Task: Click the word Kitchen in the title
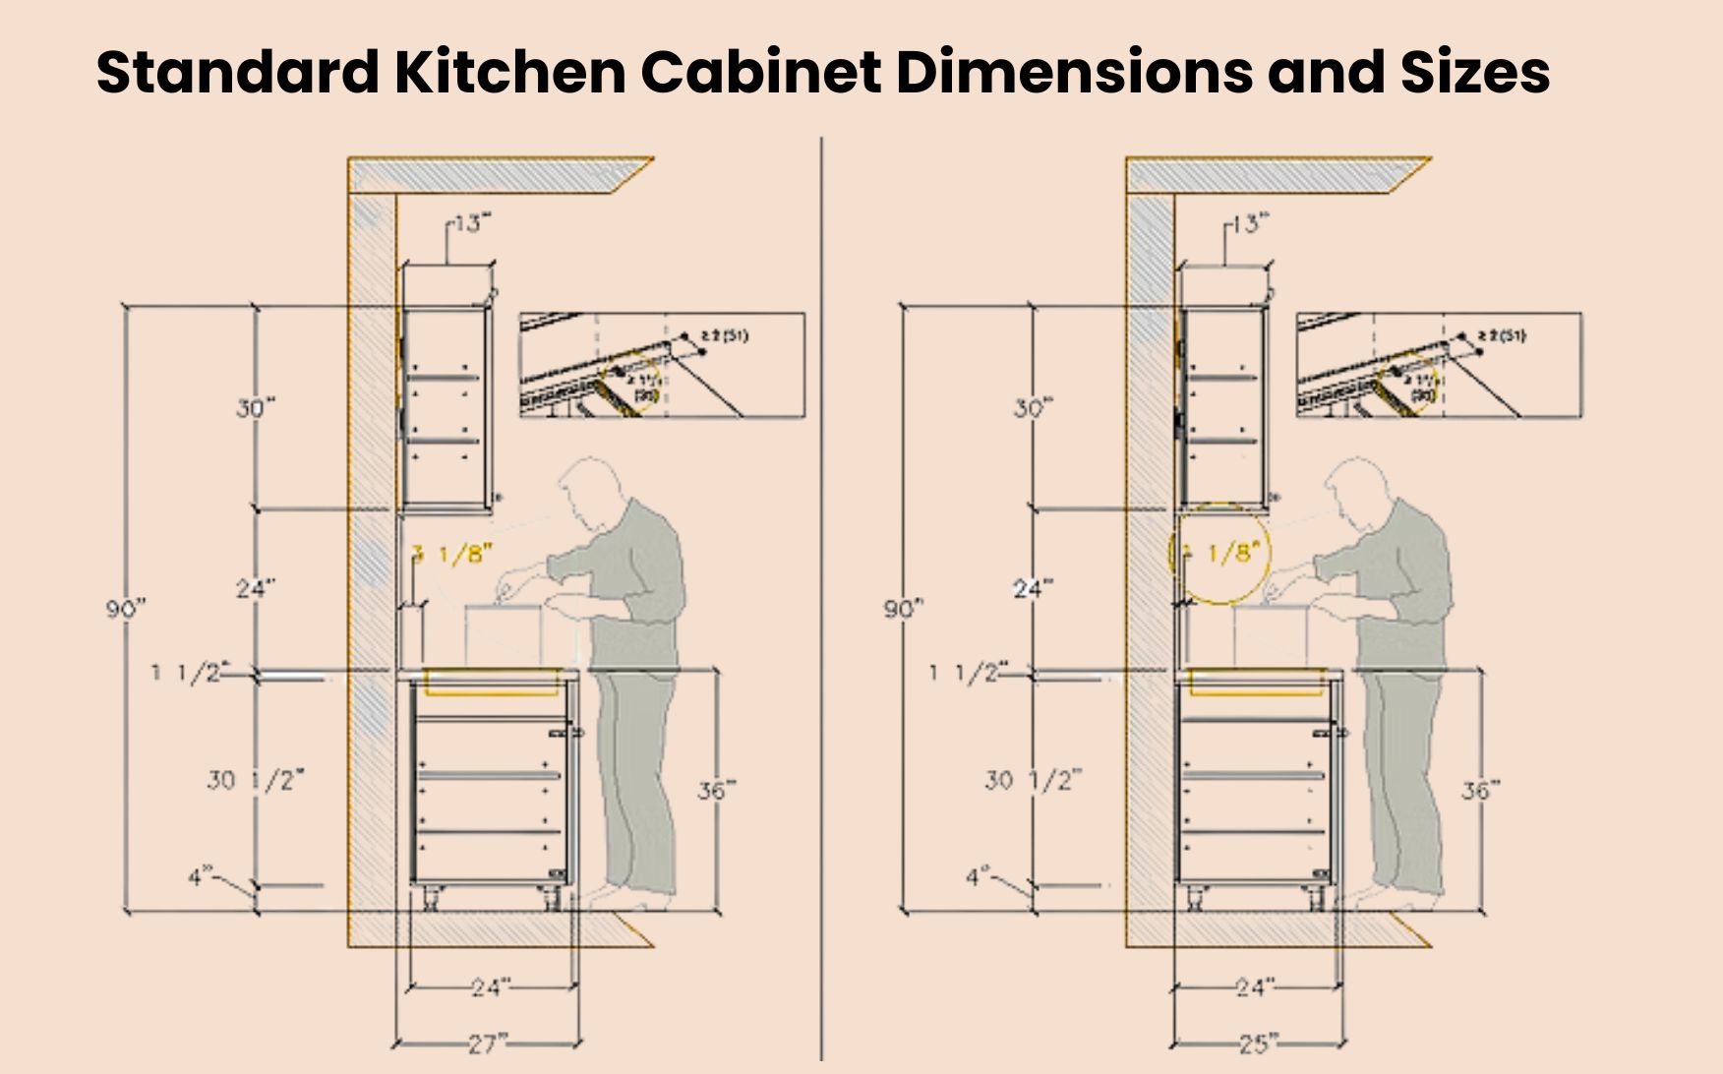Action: pyautogui.click(x=509, y=71)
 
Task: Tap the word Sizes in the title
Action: pyautogui.click(x=1474, y=71)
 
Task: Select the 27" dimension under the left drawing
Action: pyautogui.click(x=488, y=1042)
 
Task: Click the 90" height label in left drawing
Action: pyautogui.click(x=125, y=609)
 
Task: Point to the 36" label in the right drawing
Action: pyautogui.click(x=1480, y=790)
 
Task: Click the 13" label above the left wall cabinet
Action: pyautogui.click(x=470, y=223)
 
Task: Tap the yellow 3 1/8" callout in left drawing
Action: pyautogui.click(x=453, y=555)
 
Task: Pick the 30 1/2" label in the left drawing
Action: pyautogui.click(x=255, y=780)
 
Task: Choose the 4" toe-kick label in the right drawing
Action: pyautogui.click(x=976, y=874)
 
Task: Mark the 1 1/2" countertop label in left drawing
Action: pyautogui.click(x=187, y=673)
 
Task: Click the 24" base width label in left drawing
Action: pyautogui.click(x=489, y=986)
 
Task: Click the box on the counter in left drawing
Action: pyautogui.click(x=504, y=635)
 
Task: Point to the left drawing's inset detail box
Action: pyautogui.click(x=662, y=365)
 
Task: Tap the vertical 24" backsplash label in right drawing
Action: pyautogui.click(x=1034, y=588)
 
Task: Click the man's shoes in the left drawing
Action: pyautogui.click(x=629, y=897)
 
